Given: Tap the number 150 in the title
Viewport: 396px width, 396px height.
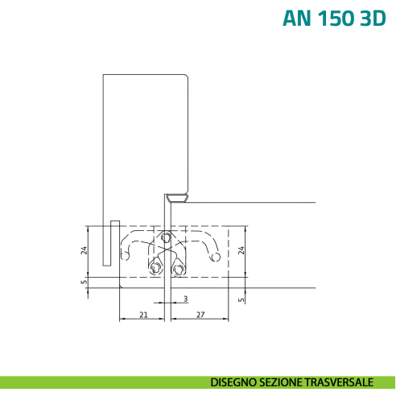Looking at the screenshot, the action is point(335,19).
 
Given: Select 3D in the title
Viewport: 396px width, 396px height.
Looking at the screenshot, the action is point(373,19).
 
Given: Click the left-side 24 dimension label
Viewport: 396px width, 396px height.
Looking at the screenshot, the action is point(85,250).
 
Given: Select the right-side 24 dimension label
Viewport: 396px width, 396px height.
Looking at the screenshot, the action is point(241,250).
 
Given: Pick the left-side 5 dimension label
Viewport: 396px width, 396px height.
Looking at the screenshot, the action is point(85,282).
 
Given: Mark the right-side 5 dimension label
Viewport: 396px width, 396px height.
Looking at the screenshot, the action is point(241,299).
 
